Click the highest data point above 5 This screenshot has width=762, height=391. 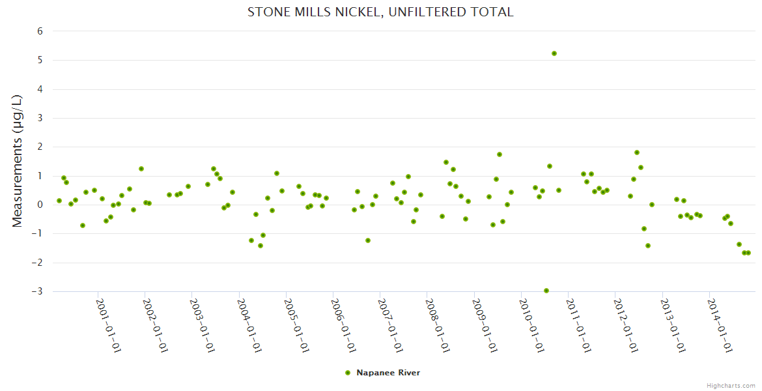click(x=554, y=53)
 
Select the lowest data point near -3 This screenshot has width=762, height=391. click(x=546, y=291)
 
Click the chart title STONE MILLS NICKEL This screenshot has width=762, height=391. click(x=380, y=12)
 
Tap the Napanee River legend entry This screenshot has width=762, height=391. click(x=388, y=373)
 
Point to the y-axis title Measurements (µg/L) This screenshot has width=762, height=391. click(x=18, y=161)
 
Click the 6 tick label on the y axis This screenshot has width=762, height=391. click(x=40, y=31)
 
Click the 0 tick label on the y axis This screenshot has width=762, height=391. click(x=40, y=205)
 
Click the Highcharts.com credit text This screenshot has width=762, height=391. click(x=731, y=385)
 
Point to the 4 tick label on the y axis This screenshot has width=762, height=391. click(x=40, y=89)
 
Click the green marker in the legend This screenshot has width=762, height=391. click(x=348, y=373)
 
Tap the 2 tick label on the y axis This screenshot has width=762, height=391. click(x=40, y=147)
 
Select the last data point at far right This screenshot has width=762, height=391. click(x=748, y=253)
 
